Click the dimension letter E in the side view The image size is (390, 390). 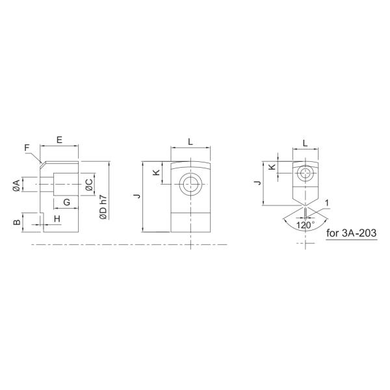pyautogui.click(x=58, y=140)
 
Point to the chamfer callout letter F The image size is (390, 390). pyautogui.click(x=27, y=148)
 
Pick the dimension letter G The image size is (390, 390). pyautogui.click(x=66, y=202)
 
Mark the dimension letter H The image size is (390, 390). pyautogui.click(x=57, y=218)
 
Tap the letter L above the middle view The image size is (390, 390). pyautogui.click(x=190, y=141)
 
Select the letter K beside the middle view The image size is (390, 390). pyautogui.click(x=156, y=173)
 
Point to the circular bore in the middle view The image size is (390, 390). pyautogui.click(x=190, y=184)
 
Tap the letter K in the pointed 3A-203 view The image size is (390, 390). pyautogui.click(x=272, y=167)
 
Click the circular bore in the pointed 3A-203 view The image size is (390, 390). pyautogui.click(x=305, y=174)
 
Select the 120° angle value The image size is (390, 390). pyautogui.click(x=305, y=225)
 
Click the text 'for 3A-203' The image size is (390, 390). pyautogui.click(x=352, y=232)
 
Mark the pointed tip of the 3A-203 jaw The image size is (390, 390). pyautogui.click(x=305, y=207)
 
